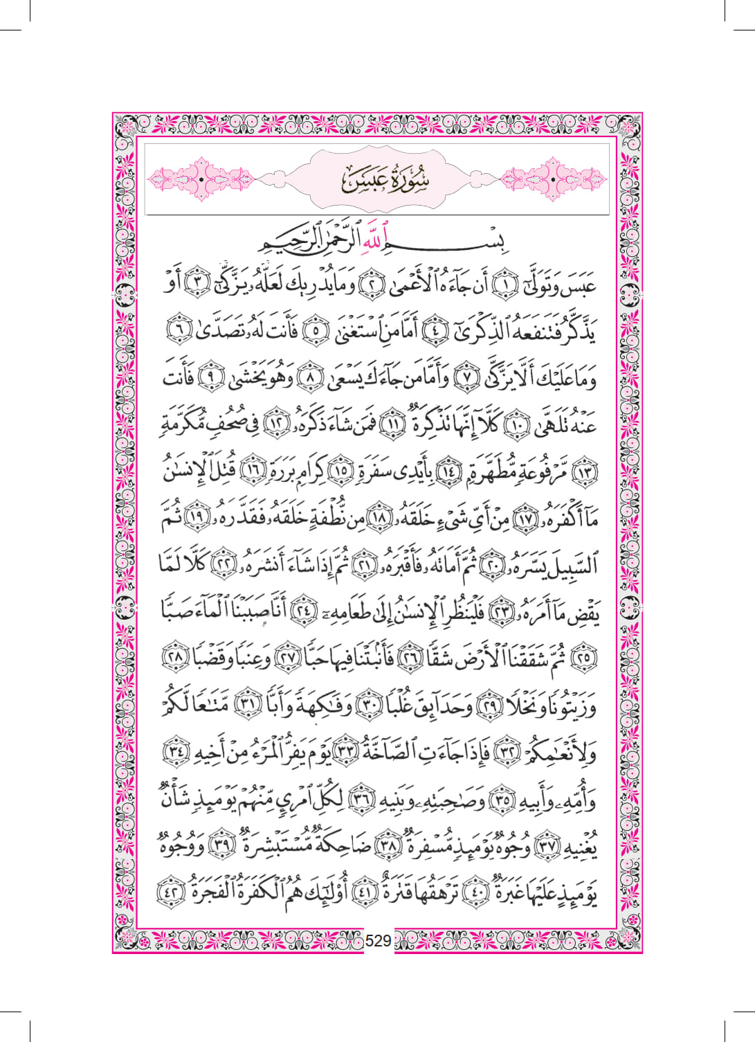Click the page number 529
pyautogui.click(x=378, y=940)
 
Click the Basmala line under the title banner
pyautogui.click(x=377, y=242)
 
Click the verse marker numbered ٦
pyautogui.click(x=179, y=332)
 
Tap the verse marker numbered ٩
pyautogui.click(x=208, y=379)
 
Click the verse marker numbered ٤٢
pyautogui.click(x=169, y=892)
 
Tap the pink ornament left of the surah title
pyautogui.click(x=201, y=179)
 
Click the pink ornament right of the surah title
pyautogui.click(x=554, y=179)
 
